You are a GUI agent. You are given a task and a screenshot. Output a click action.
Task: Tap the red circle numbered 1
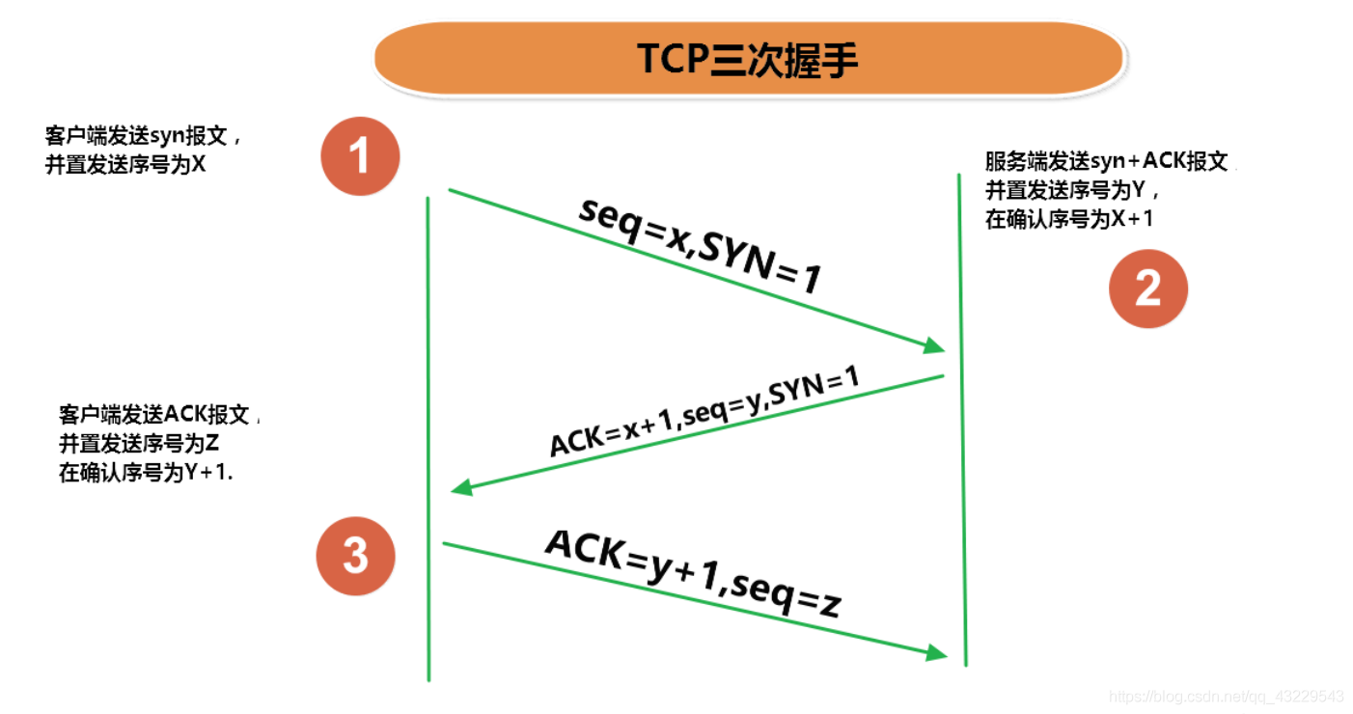(x=360, y=156)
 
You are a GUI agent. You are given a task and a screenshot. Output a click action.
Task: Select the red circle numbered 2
(x=1147, y=288)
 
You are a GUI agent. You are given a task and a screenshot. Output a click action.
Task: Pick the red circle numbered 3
(x=356, y=556)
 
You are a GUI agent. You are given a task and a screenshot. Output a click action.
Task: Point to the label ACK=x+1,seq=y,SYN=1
(x=704, y=412)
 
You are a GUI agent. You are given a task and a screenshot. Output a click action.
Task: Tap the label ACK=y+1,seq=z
(x=692, y=572)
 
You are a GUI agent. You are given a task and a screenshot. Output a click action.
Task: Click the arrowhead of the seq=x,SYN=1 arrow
(x=935, y=345)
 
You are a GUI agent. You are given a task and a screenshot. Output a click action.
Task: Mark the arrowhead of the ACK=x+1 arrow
(x=462, y=488)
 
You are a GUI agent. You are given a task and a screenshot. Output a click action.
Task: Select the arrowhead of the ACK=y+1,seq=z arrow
(x=937, y=653)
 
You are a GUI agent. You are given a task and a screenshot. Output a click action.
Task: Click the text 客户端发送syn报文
(x=136, y=136)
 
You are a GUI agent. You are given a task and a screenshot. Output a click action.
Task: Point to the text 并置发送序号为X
(x=125, y=164)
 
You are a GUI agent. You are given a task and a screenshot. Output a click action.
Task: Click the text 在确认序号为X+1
(x=1069, y=219)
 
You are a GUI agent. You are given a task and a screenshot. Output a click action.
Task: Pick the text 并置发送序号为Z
(x=139, y=445)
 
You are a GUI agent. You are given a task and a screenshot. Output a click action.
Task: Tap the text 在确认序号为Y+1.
(x=146, y=474)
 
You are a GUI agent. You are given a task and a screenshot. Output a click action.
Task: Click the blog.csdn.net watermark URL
(x=1226, y=696)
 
